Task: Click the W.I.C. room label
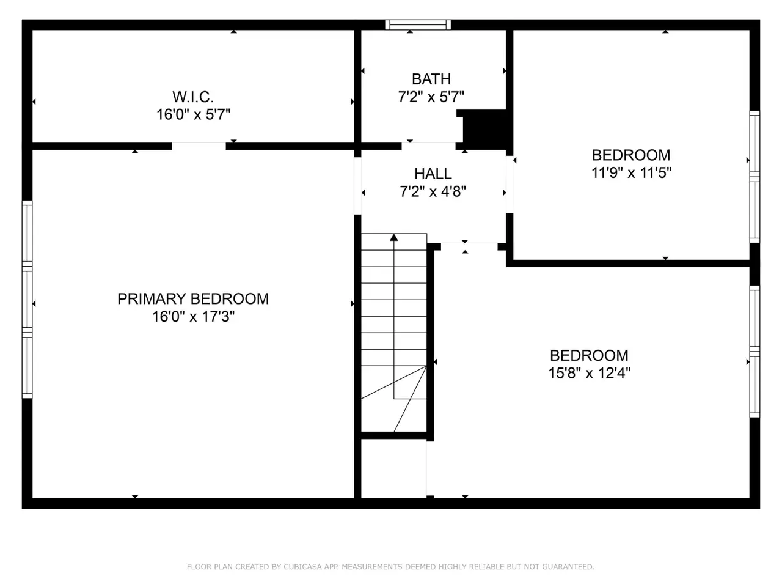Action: point(193,97)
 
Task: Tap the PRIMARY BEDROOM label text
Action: point(193,298)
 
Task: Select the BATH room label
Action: point(431,79)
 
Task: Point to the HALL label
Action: point(433,174)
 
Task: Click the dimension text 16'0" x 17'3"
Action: point(193,317)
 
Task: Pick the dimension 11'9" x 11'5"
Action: point(631,173)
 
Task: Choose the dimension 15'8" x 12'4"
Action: point(590,373)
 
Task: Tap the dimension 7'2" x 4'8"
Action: point(433,192)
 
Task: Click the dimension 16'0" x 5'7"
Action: point(194,114)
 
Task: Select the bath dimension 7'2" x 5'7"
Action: point(431,97)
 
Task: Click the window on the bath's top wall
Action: point(418,24)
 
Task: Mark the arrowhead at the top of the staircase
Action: point(393,237)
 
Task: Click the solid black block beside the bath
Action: point(484,130)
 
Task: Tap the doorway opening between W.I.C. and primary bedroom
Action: point(199,146)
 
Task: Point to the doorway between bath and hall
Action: point(429,146)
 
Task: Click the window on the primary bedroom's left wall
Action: point(27,300)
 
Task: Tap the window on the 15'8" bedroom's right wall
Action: point(755,352)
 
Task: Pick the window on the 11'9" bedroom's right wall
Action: point(755,177)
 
